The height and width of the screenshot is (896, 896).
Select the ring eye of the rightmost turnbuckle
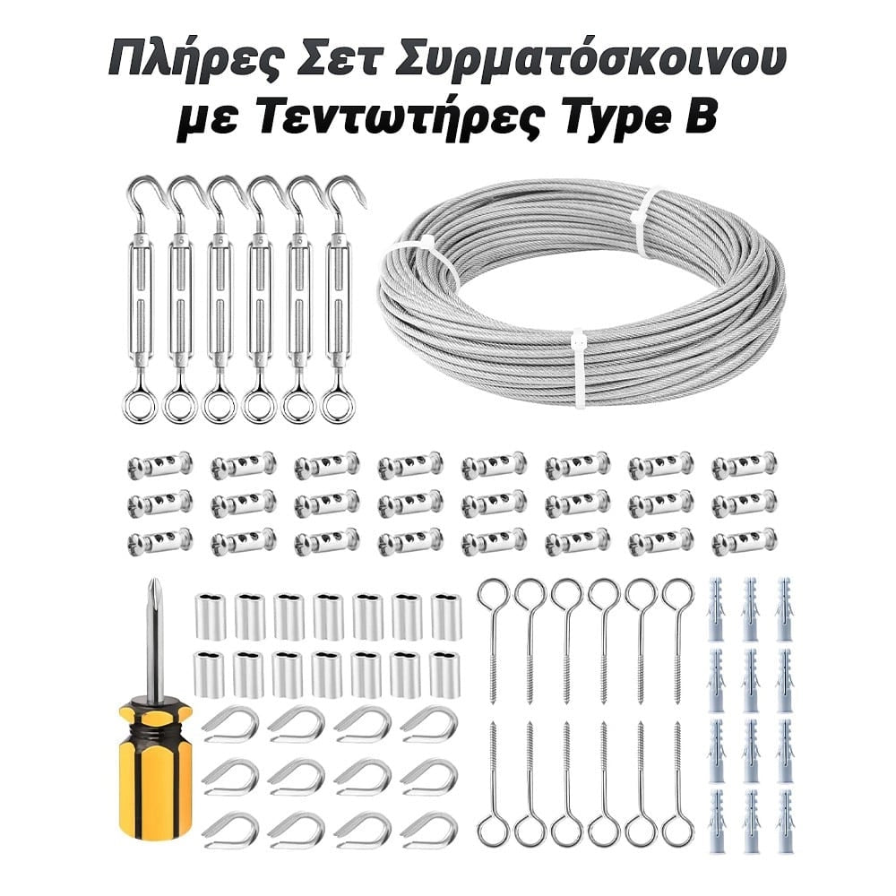[x=337, y=405]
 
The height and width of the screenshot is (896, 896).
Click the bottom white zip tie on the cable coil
[x=579, y=368]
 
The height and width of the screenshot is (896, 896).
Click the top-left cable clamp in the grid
[x=160, y=464]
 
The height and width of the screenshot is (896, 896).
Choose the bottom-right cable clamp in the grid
[x=744, y=540]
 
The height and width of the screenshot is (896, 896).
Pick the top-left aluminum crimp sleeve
[x=210, y=616]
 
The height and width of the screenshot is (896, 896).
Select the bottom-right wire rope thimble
[x=429, y=829]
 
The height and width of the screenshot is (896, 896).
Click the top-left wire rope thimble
[x=230, y=724]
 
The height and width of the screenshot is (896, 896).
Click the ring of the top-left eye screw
[x=493, y=594]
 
